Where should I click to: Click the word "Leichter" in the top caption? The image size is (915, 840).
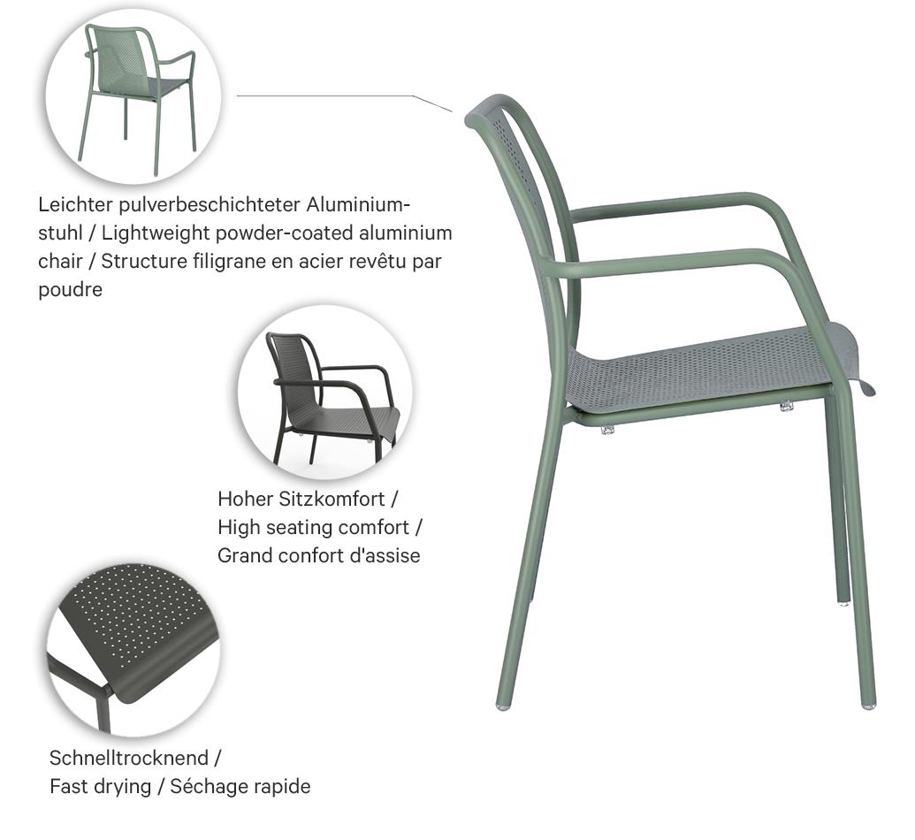click(x=73, y=205)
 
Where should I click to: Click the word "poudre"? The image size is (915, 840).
click(x=71, y=290)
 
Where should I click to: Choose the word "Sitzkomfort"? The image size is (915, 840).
click(x=338, y=499)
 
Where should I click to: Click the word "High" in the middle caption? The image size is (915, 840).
click(x=238, y=527)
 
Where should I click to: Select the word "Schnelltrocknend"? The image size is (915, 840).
click(x=129, y=758)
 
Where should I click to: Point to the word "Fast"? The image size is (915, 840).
click(x=68, y=786)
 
